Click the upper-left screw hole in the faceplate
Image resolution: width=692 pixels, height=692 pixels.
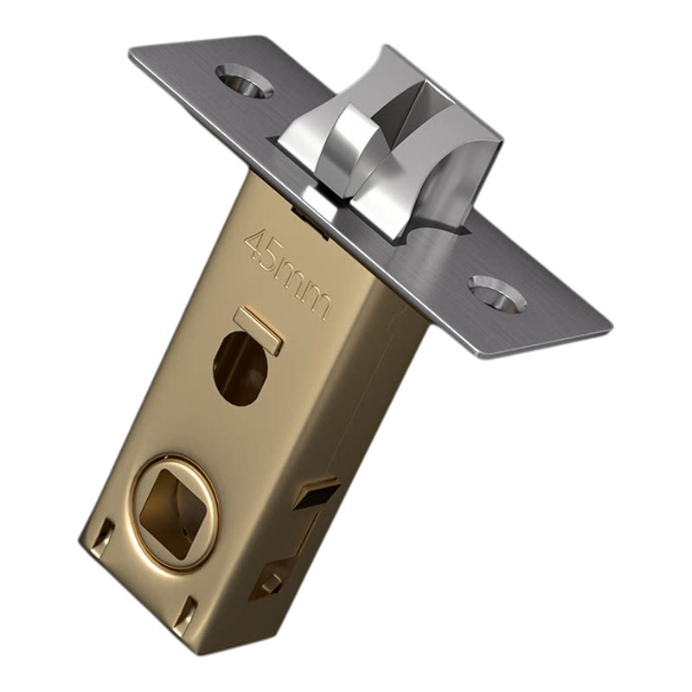click(244, 80)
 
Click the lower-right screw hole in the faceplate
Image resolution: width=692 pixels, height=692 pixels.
click(497, 293)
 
